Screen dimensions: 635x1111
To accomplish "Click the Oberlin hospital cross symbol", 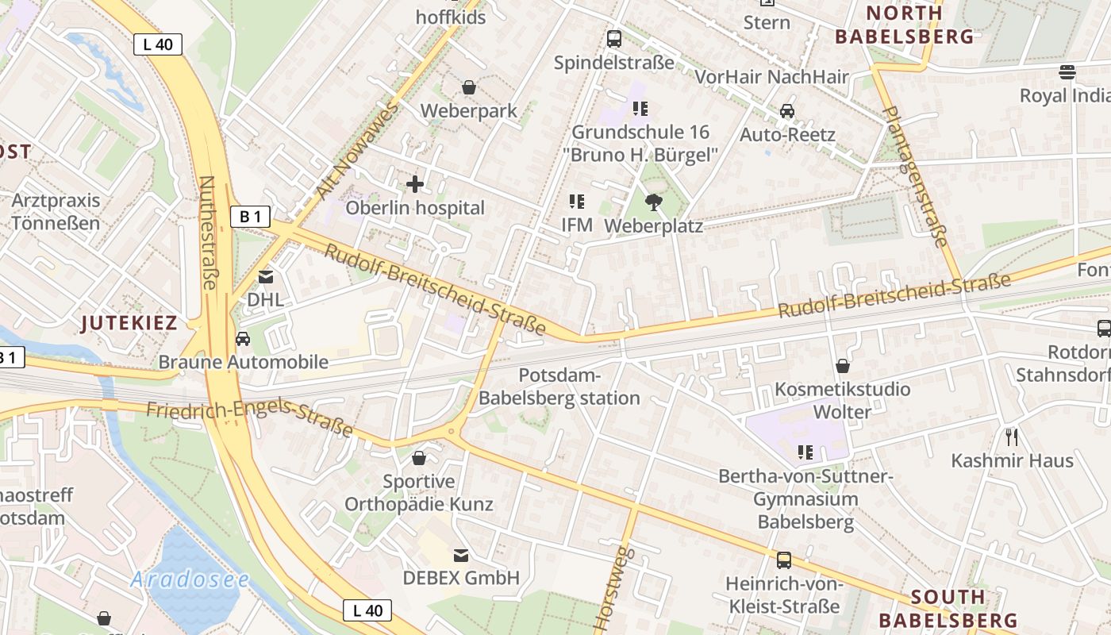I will (x=414, y=184).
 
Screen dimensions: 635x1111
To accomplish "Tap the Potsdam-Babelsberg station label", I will (x=559, y=387).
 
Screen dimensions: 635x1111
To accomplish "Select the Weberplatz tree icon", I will (x=653, y=202).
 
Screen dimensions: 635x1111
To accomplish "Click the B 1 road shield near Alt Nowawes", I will (x=250, y=216).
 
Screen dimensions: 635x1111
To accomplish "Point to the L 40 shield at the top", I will (x=157, y=44).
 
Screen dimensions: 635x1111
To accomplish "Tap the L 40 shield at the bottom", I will (x=367, y=610).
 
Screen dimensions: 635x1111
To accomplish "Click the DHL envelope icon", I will (x=265, y=277).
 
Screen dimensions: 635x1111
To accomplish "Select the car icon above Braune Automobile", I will (x=243, y=339).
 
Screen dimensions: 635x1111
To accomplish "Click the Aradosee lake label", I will (x=190, y=579).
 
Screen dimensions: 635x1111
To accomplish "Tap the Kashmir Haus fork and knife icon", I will (x=1011, y=437).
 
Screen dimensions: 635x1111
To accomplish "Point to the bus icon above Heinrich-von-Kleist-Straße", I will (x=783, y=560).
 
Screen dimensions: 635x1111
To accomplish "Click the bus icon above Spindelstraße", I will (x=613, y=38).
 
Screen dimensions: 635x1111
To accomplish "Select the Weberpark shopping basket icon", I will (x=469, y=87).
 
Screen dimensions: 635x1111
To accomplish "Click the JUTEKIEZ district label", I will (x=129, y=322).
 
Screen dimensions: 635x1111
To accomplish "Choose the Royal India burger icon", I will (x=1067, y=72).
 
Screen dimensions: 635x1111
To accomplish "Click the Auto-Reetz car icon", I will (x=786, y=111).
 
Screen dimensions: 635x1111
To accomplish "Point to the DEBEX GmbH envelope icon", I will (x=460, y=555).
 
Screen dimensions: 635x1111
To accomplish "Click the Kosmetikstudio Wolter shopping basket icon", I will (x=842, y=366).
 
